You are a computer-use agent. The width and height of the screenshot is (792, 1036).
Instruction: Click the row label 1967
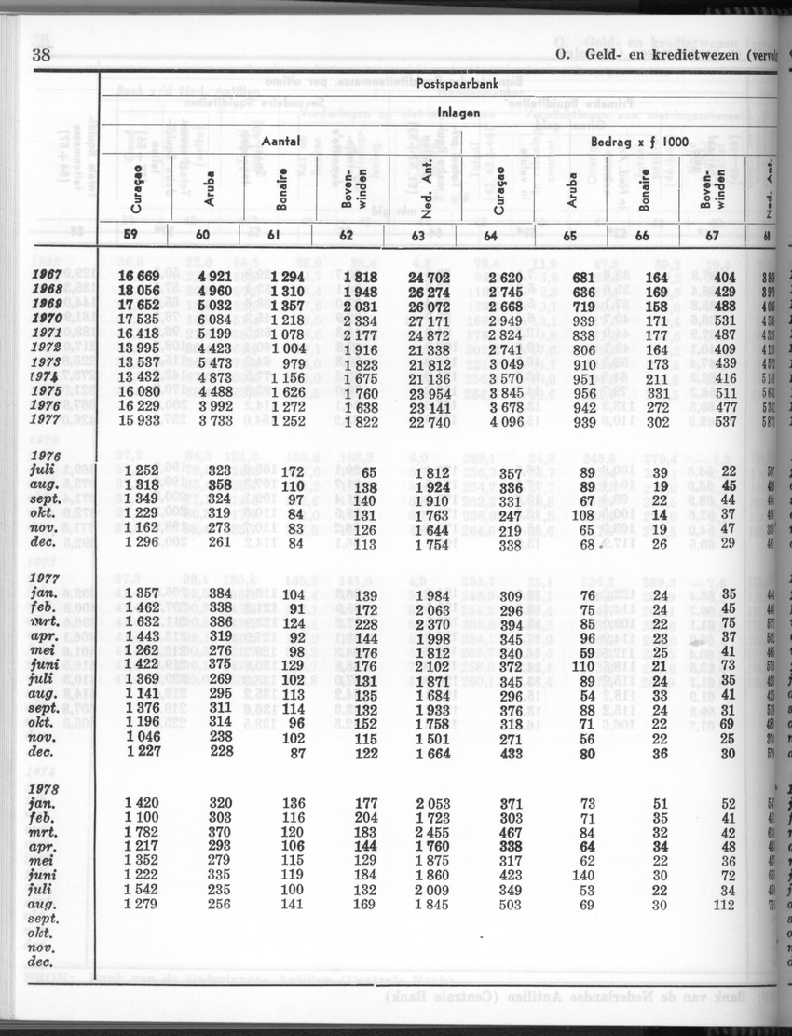click(47, 276)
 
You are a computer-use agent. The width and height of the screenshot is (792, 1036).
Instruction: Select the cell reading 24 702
click(435, 276)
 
